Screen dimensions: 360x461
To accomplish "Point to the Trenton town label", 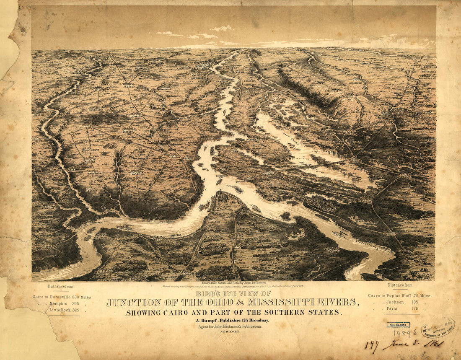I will click(x=135, y=117).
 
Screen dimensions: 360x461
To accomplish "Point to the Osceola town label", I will click(x=241, y=91).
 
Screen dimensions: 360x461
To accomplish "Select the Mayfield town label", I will click(x=137, y=173).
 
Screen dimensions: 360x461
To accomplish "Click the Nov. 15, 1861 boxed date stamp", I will click(x=398, y=324).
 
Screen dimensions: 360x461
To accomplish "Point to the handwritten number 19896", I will click(x=405, y=333).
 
